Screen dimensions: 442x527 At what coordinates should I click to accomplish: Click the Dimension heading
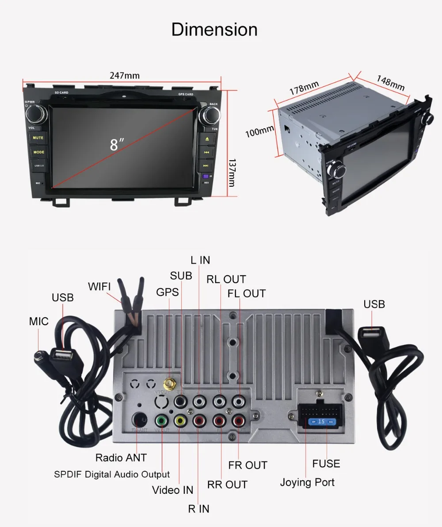214,30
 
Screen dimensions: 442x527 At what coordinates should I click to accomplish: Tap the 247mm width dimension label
125,75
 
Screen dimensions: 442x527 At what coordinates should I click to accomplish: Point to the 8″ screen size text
117,144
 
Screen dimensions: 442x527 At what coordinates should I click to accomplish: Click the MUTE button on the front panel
38,138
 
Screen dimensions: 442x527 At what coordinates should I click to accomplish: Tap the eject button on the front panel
206,138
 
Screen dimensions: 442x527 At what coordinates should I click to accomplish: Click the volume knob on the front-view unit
34,115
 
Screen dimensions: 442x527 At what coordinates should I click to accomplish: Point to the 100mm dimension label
260,131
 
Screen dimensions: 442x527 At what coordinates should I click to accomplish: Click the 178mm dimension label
304,87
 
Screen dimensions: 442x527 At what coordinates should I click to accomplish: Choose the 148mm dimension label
390,83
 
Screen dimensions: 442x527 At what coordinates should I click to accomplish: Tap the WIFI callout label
99,286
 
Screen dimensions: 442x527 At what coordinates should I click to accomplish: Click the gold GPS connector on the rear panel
168,382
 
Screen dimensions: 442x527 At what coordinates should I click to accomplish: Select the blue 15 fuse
321,421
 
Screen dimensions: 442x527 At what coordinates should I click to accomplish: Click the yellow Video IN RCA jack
179,419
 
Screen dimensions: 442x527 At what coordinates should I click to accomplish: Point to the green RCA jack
162,419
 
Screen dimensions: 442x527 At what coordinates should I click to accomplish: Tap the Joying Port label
307,482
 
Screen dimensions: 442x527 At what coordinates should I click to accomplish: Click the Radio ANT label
121,457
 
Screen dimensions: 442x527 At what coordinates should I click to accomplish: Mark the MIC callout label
39,321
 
